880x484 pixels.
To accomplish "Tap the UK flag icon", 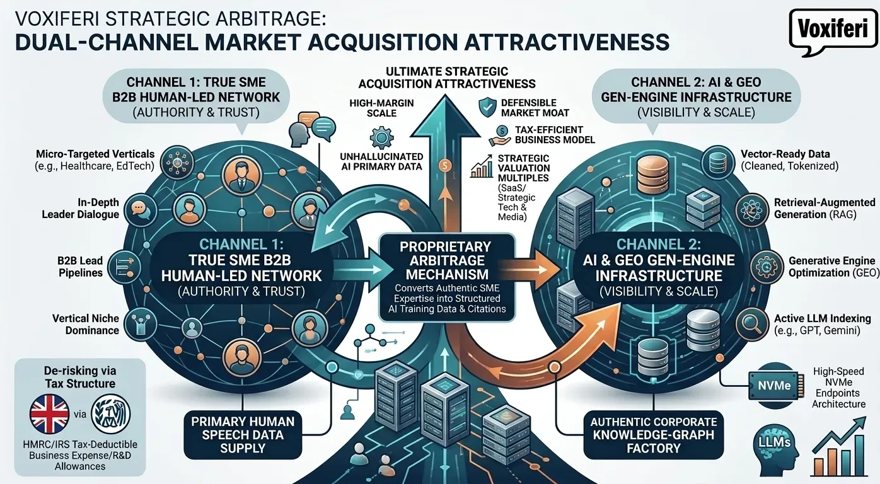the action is coord(50,413).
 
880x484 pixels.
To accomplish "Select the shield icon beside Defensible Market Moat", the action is coord(487,108).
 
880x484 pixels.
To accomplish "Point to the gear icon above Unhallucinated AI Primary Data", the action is coord(381,137).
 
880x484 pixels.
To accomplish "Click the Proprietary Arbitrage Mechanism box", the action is coord(447,277).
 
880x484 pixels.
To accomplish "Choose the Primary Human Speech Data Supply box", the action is coord(243,435).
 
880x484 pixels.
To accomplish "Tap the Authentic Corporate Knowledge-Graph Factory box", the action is coord(653,435).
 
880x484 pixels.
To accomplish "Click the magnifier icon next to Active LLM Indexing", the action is coord(751,324).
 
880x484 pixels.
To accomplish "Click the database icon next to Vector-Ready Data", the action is coord(718,161).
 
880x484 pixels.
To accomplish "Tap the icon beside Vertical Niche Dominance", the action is coord(140,324).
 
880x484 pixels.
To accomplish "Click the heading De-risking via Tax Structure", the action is coord(80,377).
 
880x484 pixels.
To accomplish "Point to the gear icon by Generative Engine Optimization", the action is coord(767,267).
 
